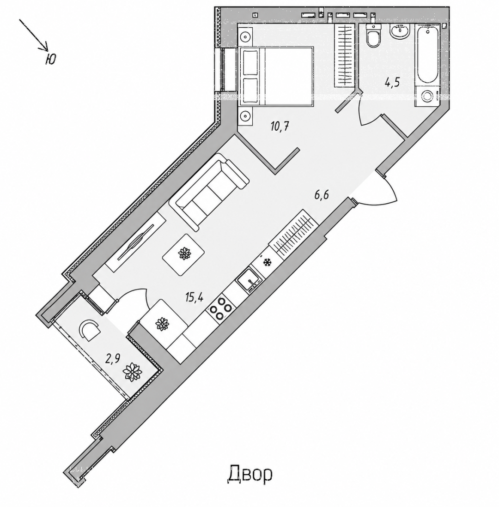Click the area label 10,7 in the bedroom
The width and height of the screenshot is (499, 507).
point(280,126)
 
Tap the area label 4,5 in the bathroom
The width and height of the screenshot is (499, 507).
point(392,83)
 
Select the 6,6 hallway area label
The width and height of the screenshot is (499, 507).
point(322,195)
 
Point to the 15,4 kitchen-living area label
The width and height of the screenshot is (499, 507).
point(194,296)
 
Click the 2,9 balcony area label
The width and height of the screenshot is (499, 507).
point(113,358)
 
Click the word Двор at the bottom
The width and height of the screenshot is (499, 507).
point(250,474)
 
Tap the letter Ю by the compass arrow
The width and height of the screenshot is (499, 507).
point(50,59)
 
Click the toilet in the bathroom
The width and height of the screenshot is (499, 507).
point(374,36)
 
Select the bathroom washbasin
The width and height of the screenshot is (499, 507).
point(400,32)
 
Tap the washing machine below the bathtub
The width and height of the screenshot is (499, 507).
point(427,96)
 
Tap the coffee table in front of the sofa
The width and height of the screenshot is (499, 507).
point(183,254)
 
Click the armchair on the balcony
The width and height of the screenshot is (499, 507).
point(90,330)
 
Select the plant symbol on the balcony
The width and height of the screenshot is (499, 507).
point(132,373)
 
